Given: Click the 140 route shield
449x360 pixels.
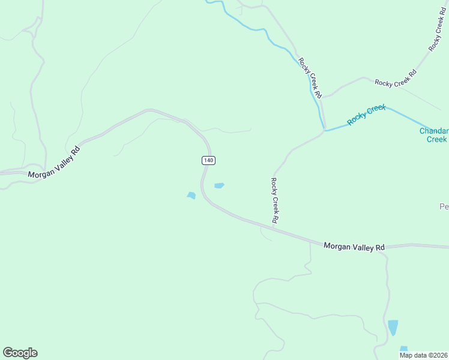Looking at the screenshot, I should tap(208, 160).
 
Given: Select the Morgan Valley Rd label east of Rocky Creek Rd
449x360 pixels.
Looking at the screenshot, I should tap(354, 247).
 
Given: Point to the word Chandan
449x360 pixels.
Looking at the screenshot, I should tap(433, 131).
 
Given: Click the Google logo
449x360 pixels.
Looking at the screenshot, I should tap(20, 353).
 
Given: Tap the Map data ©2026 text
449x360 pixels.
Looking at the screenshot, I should tap(423, 355).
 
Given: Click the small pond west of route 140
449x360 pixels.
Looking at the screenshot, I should tap(191, 195).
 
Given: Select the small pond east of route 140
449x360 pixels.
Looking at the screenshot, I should tap(219, 185).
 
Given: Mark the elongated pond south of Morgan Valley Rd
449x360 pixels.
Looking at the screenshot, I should tap(393, 327).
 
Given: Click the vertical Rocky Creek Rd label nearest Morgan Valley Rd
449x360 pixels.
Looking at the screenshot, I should tap(273, 200).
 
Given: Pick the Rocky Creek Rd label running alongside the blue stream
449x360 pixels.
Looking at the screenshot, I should tap(312, 77).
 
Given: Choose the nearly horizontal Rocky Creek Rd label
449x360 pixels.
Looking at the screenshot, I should tap(395, 79).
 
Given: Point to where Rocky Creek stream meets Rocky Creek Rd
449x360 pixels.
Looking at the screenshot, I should tap(325, 128).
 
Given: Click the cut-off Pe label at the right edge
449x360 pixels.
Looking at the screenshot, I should tap(444, 206).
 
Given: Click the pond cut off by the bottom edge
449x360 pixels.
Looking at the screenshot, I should tap(403, 349).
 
